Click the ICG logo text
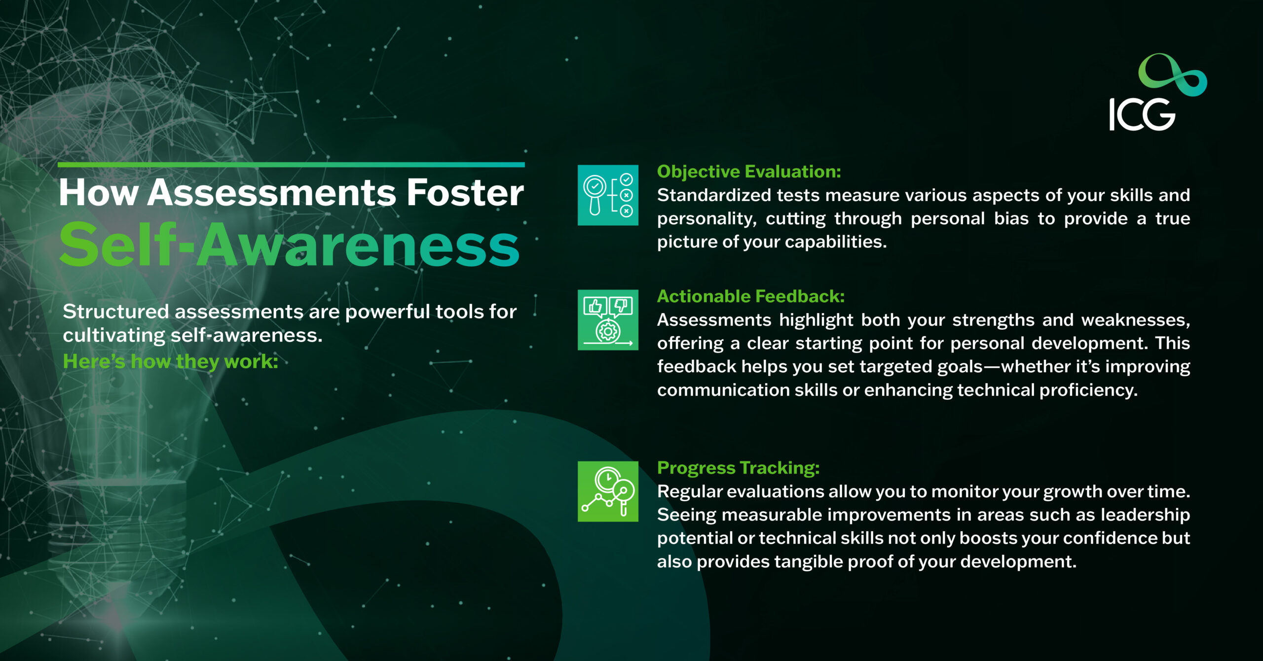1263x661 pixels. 1142,114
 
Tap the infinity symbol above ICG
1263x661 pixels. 1172,75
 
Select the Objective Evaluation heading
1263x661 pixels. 749,172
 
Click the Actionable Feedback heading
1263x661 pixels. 751,296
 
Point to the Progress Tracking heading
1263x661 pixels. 738,468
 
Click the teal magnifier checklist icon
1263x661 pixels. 608,195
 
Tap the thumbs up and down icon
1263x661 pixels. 608,320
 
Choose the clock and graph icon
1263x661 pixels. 608,491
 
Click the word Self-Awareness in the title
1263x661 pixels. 289,244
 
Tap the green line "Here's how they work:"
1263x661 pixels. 171,362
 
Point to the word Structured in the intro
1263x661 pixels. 116,312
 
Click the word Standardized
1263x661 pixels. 714,195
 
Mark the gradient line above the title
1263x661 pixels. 291,165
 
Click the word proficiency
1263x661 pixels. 1088,390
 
